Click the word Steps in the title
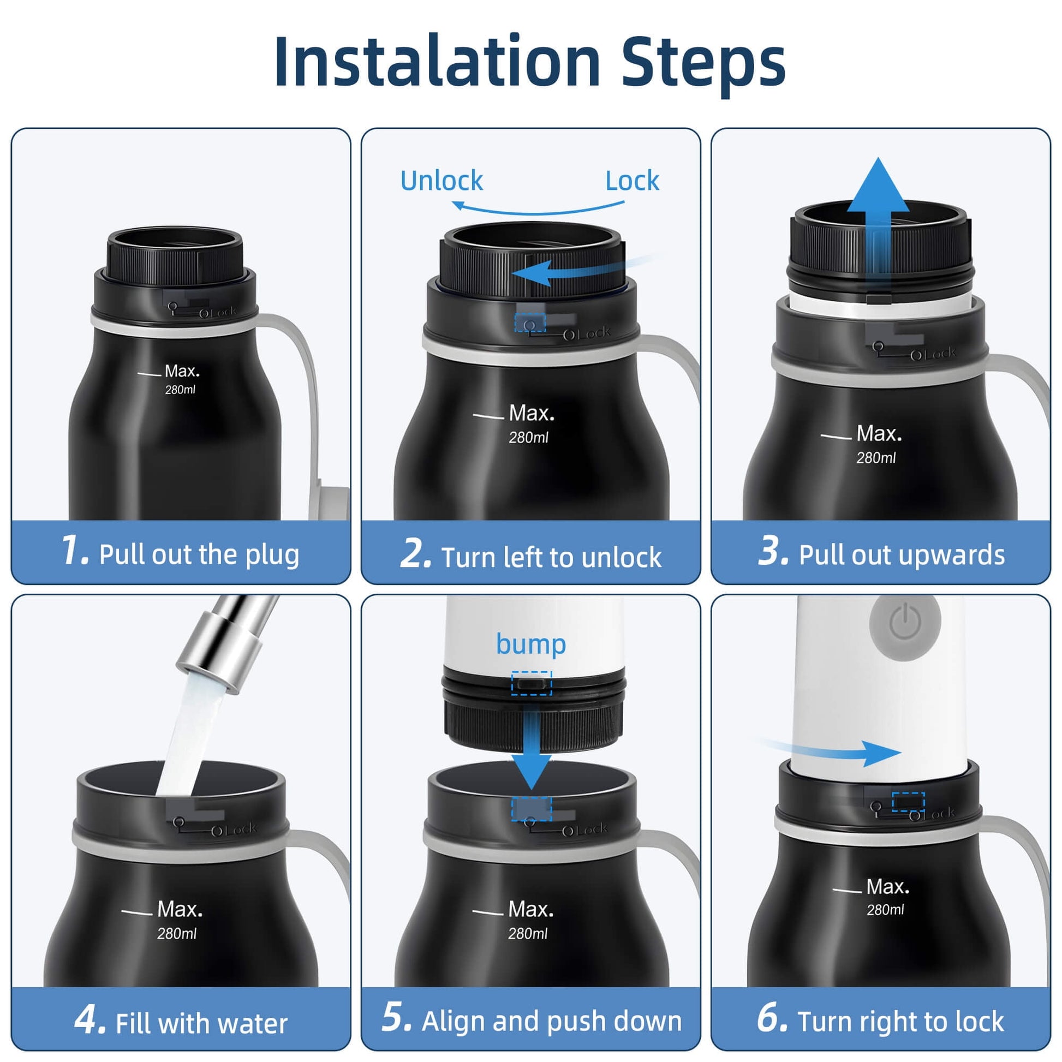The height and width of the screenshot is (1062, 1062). [703, 65]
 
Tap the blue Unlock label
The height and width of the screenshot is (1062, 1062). [441, 180]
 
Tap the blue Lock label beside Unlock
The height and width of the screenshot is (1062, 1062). [632, 180]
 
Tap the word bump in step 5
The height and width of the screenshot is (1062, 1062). [530, 644]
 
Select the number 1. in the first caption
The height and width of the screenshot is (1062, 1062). [74, 550]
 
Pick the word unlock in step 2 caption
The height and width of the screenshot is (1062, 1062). [622, 557]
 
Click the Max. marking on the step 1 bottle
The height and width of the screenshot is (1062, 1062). [182, 371]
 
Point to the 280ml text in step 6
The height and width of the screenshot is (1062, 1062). [885, 910]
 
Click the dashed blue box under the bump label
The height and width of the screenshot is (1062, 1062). [531, 683]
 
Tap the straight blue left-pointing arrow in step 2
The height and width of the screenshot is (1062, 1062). [583, 271]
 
